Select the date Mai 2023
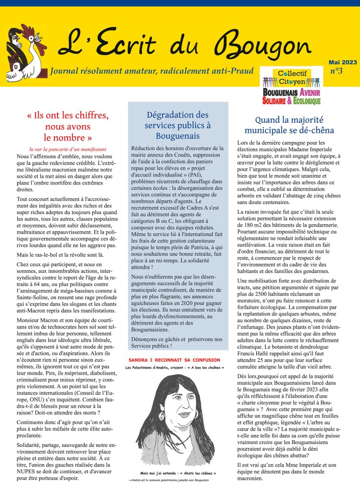342,62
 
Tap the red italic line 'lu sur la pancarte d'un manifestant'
67,149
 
